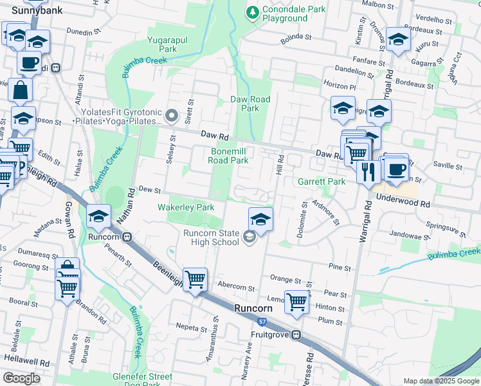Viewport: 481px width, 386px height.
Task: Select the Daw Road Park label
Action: [x=250, y=104]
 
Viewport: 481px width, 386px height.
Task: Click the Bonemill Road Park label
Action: [x=230, y=156]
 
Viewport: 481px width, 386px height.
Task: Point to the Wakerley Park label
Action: [x=186, y=207]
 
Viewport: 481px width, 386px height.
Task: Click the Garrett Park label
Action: [x=322, y=181]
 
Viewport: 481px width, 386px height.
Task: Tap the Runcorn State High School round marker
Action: [x=250, y=239]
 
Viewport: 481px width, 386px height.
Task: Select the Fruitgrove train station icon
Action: [x=296, y=335]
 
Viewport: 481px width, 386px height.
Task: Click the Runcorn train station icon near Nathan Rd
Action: [x=127, y=236]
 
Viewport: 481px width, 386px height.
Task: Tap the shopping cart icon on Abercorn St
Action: [x=195, y=280]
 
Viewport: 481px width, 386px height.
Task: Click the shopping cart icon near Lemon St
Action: [x=296, y=301]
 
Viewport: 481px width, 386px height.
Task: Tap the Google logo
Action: [x=22, y=378]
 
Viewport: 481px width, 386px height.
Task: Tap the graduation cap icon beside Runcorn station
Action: [x=98, y=217]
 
